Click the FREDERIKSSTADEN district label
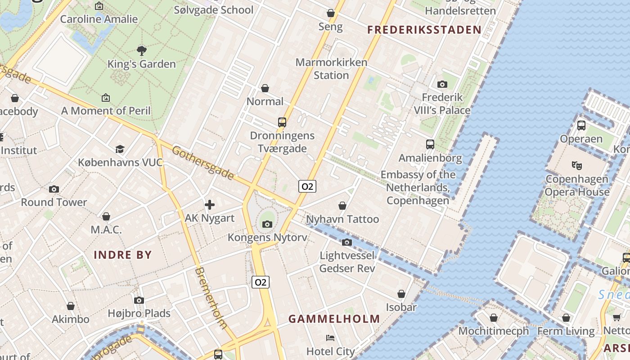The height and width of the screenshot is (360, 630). [424, 30]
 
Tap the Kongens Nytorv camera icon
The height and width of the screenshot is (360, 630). [267, 224]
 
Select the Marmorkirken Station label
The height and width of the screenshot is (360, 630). [331, 69]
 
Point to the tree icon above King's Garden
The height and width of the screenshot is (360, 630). [141, 50]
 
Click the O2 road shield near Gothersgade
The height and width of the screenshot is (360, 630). [307, 186]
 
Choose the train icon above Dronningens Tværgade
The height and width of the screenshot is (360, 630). [282, 122]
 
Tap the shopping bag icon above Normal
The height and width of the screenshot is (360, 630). [265, 88]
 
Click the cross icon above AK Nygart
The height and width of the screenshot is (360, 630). [209, 205]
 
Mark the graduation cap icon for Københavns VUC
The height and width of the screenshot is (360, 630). [120, 149]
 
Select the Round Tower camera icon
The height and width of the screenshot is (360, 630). [54, 189]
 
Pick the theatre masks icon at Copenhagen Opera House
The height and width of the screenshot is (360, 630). [576, 165]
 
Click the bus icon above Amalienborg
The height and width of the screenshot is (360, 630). [430, 144]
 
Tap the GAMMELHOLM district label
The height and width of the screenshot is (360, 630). [334, 319]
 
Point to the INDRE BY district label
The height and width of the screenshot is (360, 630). [122, 255]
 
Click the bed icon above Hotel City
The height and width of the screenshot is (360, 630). [330, 337]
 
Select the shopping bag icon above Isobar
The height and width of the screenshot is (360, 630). [401, 294]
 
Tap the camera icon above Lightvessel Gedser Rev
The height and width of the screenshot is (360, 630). [346, 243]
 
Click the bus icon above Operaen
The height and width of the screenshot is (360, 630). [581, 125]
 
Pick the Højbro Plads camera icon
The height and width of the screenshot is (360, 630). [139, 300]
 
